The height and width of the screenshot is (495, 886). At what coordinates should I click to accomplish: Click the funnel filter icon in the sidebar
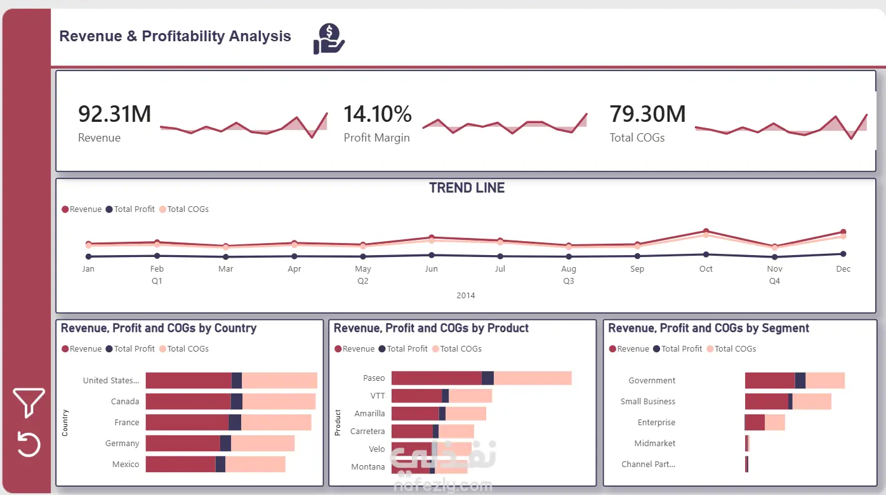29,402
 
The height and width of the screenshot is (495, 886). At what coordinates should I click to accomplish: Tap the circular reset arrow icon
29,444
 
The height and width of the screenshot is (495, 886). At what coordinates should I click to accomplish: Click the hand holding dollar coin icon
329,39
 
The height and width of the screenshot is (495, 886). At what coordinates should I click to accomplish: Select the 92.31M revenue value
114,114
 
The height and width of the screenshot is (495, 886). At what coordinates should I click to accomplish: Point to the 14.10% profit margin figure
378,114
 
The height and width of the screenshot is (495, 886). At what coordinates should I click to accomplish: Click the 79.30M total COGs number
647,114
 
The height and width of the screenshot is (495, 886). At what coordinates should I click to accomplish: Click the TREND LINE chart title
466,188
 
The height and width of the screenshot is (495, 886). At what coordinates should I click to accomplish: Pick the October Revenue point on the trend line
706,231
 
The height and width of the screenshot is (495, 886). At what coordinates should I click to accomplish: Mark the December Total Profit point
843,254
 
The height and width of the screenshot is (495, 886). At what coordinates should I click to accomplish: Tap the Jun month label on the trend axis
431,269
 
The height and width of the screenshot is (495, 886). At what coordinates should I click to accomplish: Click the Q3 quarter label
569,280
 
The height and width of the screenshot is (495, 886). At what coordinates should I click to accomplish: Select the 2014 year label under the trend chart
466,295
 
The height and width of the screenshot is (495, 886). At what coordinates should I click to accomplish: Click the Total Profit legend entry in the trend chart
130,209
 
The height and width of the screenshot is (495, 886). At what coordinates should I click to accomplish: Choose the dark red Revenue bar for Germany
183,443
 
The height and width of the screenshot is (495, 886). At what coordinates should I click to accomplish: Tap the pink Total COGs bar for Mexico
255,464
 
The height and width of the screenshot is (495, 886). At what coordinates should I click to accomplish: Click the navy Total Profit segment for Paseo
487,378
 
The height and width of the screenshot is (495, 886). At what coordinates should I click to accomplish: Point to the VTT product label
378,396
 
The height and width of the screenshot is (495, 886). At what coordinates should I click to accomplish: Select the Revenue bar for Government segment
770,380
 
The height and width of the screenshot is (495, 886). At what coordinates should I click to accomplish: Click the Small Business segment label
647,401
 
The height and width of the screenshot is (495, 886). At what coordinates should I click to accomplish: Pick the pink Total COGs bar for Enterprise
774,422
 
